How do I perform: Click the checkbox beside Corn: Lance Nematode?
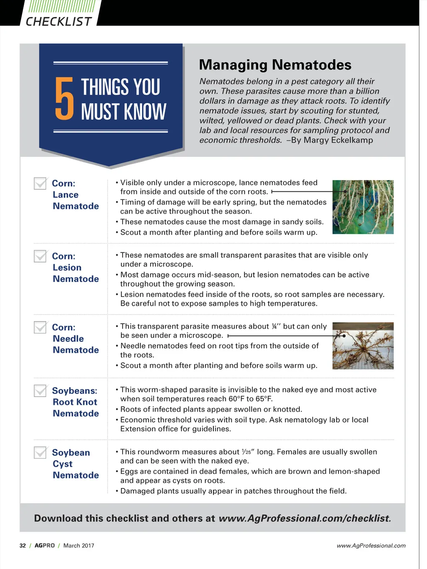coord(40,183)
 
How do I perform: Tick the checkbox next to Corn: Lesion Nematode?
coord(40,256)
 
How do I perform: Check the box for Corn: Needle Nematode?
coord(40,327)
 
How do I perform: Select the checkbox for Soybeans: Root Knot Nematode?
coord(40,390)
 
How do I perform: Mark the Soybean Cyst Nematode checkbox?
coord(40,452)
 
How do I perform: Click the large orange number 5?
coord(64,99)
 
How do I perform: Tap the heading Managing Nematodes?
coord(275,65)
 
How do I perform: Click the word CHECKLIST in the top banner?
coord(58,21)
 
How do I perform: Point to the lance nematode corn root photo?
coord(363,207)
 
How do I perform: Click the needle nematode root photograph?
coord(363,346)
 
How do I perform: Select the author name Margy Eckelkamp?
coord(338,140)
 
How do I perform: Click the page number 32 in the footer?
coord(23,546)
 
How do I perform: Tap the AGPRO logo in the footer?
coord(45,546)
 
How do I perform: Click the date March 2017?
coord(79,546)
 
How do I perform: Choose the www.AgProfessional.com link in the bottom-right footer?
coord(371,546)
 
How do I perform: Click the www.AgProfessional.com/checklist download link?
coord(304,519)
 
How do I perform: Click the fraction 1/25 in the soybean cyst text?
coord(246,452)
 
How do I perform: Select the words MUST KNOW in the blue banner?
coord(123,112)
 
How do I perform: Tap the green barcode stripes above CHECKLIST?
coord(62,7)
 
